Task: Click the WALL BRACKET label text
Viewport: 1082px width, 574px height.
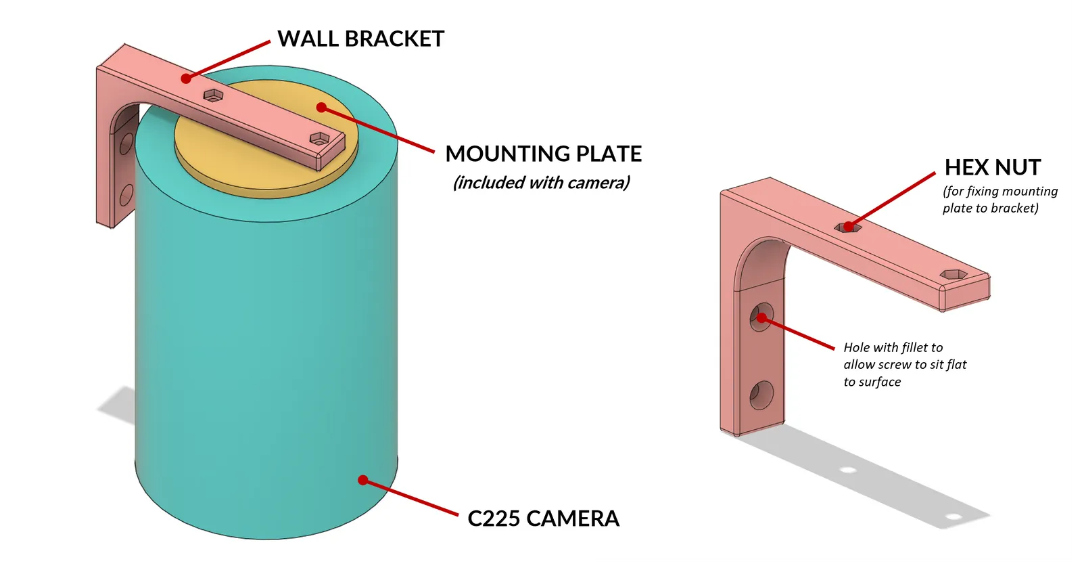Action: [x=360, y=39]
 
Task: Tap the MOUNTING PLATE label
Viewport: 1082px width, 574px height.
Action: [x=544, y=154]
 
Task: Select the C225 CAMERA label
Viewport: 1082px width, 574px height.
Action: [x=544, y=518]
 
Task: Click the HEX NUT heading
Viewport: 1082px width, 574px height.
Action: [x=993, y=167]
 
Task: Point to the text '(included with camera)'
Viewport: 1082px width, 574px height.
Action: [x=542, y=183]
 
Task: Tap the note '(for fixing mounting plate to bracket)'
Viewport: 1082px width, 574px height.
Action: [x=1000, y=200]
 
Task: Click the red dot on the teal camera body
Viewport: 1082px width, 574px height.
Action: [x=363, y=480]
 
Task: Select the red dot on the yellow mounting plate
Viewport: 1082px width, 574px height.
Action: [x=321, y=108]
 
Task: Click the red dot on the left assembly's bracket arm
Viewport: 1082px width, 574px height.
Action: [x=187, y=79]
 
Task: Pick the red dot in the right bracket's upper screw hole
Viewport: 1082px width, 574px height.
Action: [x=761, y=317]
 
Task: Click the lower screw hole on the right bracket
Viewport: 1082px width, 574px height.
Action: [x=761, y=395]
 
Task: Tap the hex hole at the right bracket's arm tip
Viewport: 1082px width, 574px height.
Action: [x=954, y=275]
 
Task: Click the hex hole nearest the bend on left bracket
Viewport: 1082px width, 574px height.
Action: [x=213, y=95]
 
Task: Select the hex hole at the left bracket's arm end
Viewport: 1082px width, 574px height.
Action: [x=319, y=139]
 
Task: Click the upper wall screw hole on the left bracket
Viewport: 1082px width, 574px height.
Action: [x=126, y=143]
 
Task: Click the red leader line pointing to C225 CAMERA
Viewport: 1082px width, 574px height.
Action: [x=411, y=498]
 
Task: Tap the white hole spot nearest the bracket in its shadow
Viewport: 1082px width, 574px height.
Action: [x=848, y=470]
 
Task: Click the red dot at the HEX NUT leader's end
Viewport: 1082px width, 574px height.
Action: [x=848, y=227]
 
